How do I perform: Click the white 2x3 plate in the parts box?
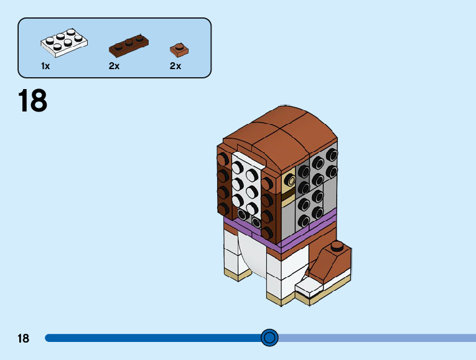click(x=64, y=42)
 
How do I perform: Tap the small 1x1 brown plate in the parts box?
click(x=179, y=49)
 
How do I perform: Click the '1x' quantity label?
click(x=45, y=66)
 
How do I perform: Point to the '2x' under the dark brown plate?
click(x=114, y=66)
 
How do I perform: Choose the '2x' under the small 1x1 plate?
click(x=175, y=66)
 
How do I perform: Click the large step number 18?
click(x=32, y=101)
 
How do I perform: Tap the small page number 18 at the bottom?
click(x=23, y=338)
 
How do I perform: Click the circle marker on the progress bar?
click(x=269, y=338)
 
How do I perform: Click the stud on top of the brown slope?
click(x=337, y=245)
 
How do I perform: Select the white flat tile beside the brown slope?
click(x=309, y=287)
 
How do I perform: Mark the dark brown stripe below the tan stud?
click(x=288, y=198)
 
